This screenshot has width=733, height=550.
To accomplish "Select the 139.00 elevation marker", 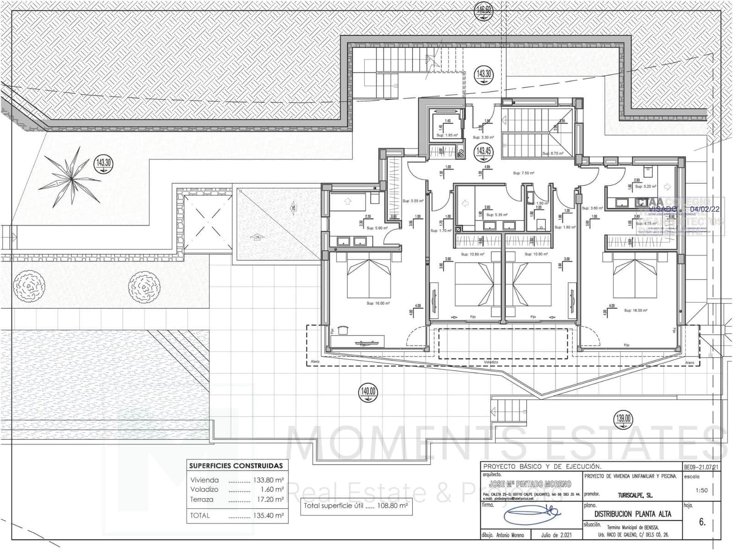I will tap(623, 419).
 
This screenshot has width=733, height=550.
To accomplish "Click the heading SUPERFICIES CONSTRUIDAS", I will tap(236, 466).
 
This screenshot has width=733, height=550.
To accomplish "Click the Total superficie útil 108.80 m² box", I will tap(356, 506).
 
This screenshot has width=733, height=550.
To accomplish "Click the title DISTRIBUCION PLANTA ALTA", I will tap(633, 514).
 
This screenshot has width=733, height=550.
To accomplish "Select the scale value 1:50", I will tap(701, 490).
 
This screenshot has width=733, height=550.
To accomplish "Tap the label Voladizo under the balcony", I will tap(491, 362).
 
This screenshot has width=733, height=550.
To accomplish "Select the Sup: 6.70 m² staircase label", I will tap(552, 154).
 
